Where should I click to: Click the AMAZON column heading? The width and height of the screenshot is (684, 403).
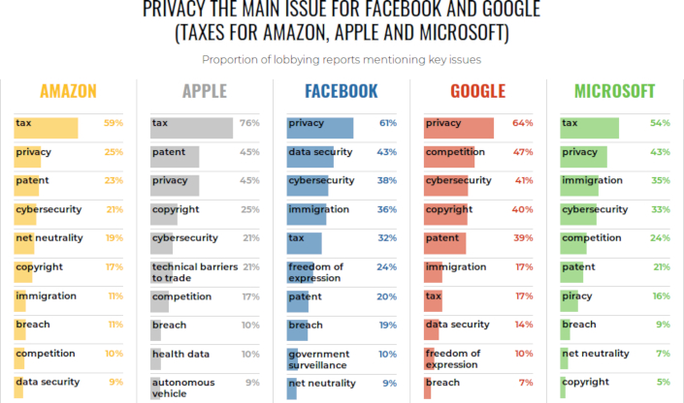pos(68,92)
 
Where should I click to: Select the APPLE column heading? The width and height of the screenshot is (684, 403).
pos(204,92)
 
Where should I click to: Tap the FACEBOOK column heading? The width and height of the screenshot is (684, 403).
pos(341,92)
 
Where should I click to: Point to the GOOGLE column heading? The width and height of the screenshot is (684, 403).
pos(477,92)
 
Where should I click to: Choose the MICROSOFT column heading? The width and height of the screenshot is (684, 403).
pos(614,92)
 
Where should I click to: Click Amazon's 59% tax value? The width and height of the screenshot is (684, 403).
pos(114,123)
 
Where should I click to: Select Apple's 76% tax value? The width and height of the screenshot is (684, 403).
pos(249,123)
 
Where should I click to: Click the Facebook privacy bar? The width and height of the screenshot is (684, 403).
pos(320,128)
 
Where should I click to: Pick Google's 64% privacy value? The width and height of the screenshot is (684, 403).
pos(524,123)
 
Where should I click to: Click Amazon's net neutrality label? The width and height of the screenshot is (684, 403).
pos(49,237)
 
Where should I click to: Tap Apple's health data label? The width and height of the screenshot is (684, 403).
pos(182,354)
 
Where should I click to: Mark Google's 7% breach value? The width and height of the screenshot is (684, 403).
pos(525,382)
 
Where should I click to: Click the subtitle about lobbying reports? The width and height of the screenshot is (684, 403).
pos(342,60)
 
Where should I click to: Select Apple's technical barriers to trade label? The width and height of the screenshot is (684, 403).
pos(194,271)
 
